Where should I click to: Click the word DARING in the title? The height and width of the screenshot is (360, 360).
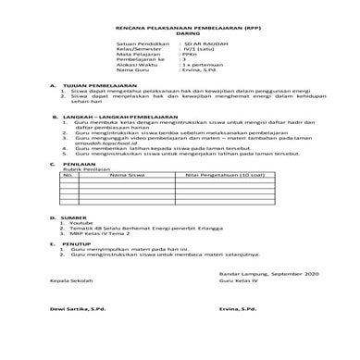[x=180, y=31]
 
